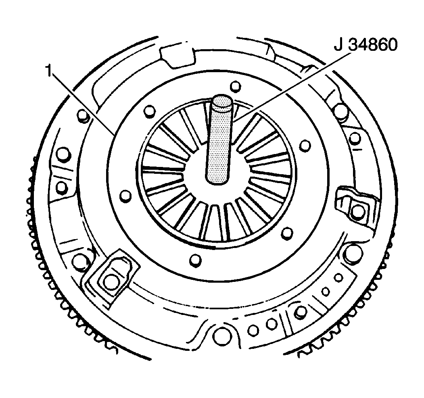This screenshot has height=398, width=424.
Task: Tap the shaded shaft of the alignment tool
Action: tap(218, 145)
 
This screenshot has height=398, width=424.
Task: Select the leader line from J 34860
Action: tap(290, 86)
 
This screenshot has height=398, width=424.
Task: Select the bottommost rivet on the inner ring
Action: tap(195, 259)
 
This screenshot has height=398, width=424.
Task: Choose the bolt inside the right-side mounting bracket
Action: tap(357, 210)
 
